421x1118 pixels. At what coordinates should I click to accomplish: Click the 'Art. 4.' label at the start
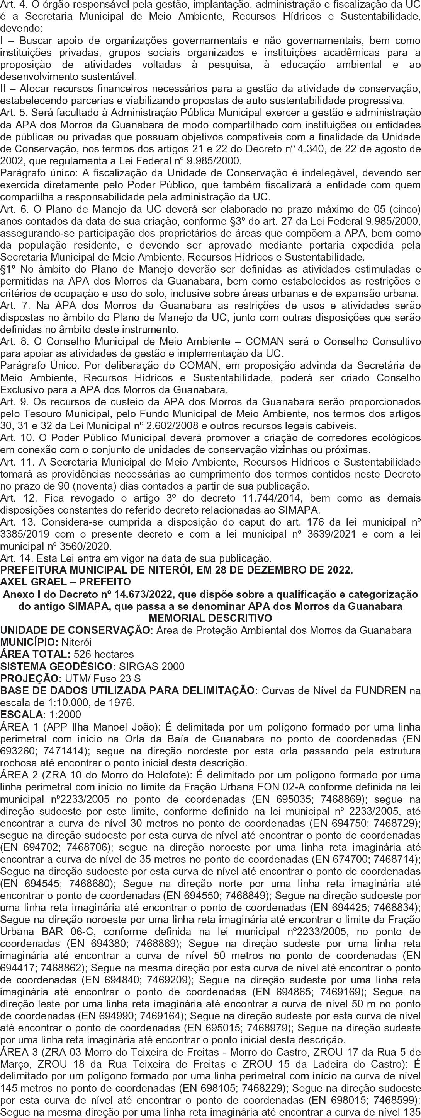[x=10, y=5]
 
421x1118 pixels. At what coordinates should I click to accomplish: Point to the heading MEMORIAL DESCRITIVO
[x=210, y=618]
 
